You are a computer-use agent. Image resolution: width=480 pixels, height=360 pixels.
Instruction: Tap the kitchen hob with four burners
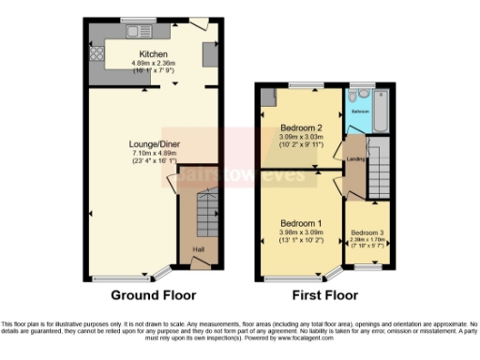[x=95, y=52]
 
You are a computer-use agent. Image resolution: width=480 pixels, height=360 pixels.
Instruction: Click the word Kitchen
[x=154, y=53]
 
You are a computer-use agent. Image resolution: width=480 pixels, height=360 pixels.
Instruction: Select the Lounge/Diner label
[x=155, y=144]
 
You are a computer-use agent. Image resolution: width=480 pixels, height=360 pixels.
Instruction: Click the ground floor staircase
[x=207, y=214]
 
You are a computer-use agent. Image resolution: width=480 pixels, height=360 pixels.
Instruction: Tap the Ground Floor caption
[x=154, y=294]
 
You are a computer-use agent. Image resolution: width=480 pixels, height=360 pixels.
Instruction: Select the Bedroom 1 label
[x=300, y=222]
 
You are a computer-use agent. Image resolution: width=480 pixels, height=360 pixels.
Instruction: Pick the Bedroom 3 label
[x=367, y=232]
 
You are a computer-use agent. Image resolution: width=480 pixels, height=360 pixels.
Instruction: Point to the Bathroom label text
[x=360, y=110]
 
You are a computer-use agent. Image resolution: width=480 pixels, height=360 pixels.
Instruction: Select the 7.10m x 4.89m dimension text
[x=155, y=153]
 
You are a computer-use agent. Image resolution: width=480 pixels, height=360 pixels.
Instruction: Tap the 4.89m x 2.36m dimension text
[x=154, y=62]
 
